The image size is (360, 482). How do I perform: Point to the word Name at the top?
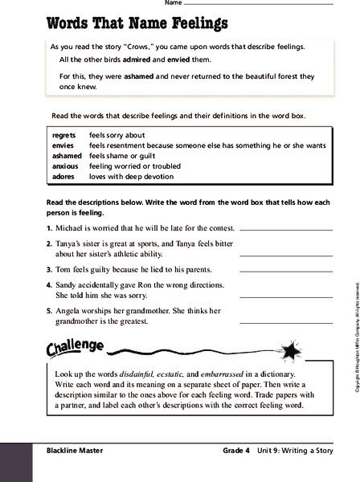tap(173, 3)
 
